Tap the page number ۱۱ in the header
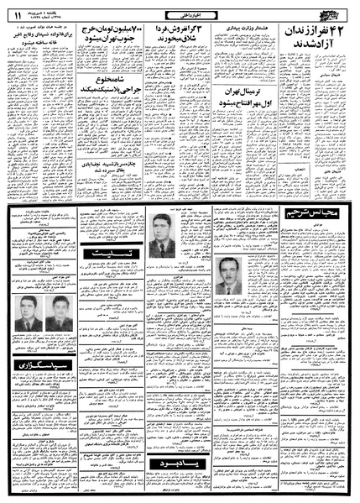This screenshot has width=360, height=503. click(x=18, y=10)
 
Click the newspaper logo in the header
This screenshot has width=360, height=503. click(x=335, y=10)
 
